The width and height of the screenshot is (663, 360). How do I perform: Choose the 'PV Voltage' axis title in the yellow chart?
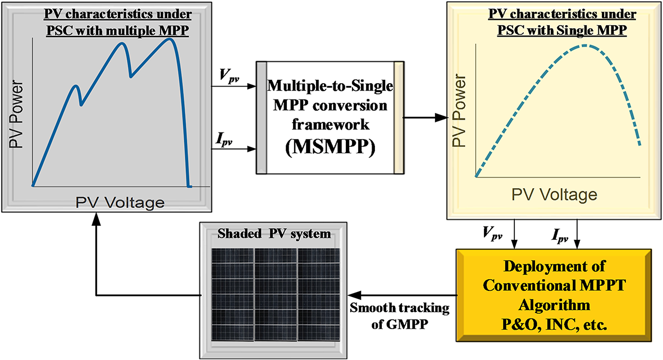(x=554, y=194)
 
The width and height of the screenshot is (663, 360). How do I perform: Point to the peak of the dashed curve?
(x=585, y=45)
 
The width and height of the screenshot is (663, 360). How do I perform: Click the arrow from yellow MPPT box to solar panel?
(x=401, y=295)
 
